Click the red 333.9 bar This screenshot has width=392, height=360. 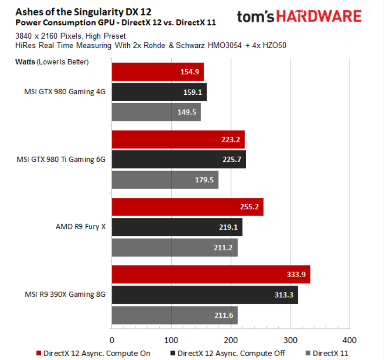click(x=211, y=274)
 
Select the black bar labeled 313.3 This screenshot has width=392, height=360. click(x=205, y=295)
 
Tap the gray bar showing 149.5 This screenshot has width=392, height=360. click(x=156, y=112)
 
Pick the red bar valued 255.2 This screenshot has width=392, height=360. click(x=187, y=207)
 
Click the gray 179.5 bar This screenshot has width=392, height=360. click(x=165, y=180)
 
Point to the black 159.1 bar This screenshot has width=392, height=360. click(x=159, y=92)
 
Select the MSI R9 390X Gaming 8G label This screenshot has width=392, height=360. click(x=65, y=295)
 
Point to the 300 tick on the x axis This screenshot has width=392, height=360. click(x=290, y=340)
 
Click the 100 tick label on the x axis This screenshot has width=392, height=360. click(x=171, y=340)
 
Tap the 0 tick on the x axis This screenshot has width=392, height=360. click(x=112, y=340)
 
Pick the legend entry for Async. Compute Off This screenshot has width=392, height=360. click(x=228, y=353)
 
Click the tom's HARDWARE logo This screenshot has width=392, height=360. click(x=299, y=17)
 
